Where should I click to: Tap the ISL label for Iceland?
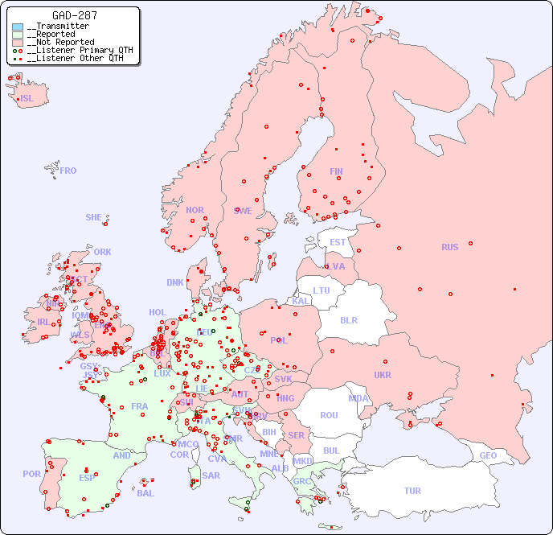[x=27, y=99]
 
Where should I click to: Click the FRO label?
[x=68, y=171]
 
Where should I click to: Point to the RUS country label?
[x=449, y=247]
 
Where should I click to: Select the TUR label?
[x=412, y=491]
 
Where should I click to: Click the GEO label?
[x=488, y=455]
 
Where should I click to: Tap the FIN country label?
[x=336, y=171]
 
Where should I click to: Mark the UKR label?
[x=383, y=375]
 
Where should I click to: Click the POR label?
[x=31, y=474]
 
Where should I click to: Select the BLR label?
[x=349, y=319]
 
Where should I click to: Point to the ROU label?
[x=329, y=415]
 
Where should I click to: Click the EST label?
[x=338, y=242]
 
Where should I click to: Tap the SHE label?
[x=94, y=217]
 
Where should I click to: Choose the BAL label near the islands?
[x=145, y=493]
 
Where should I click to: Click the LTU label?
[x=322, y=290]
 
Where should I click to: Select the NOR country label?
[x=195, y=210]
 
